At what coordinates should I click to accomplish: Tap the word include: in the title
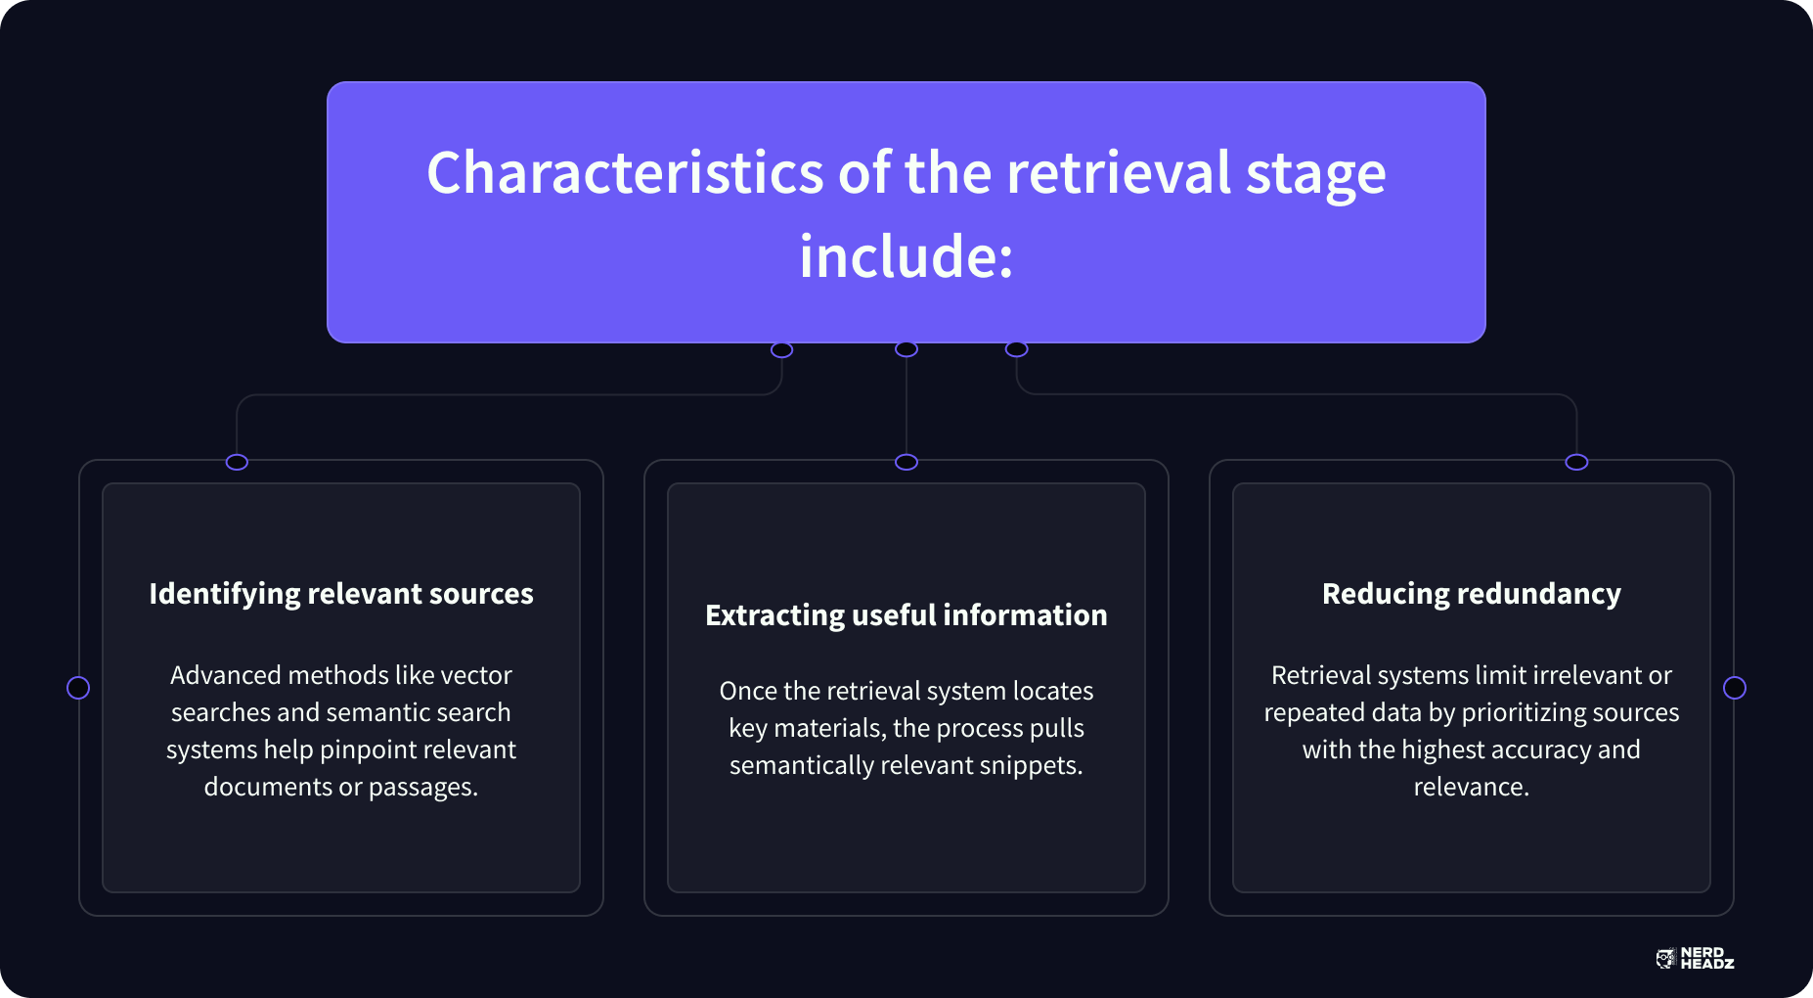tap(906, 256)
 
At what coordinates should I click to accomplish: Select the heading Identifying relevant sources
tap(341, 594)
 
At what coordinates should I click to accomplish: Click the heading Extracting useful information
tap(906, 615)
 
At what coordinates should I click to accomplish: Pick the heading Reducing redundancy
tap(1471, 594)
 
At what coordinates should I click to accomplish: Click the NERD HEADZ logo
tap(1695, 959)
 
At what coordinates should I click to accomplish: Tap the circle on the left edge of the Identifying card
tap(78, 688)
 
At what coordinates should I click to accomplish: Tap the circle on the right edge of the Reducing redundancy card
tap(1734, 688)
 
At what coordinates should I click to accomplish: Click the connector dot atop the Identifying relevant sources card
tap(237, 462)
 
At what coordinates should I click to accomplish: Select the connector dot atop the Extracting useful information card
tap(906, 462)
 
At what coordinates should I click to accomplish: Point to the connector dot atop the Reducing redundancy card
tap(1576, 462)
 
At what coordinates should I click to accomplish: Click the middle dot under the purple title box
tap(906, 349)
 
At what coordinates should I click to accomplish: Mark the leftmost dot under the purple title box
tap(781, 349)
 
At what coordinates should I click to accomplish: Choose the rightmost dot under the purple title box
tap(1017, 349)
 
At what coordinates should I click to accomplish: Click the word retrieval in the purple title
tap(1119, 173)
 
